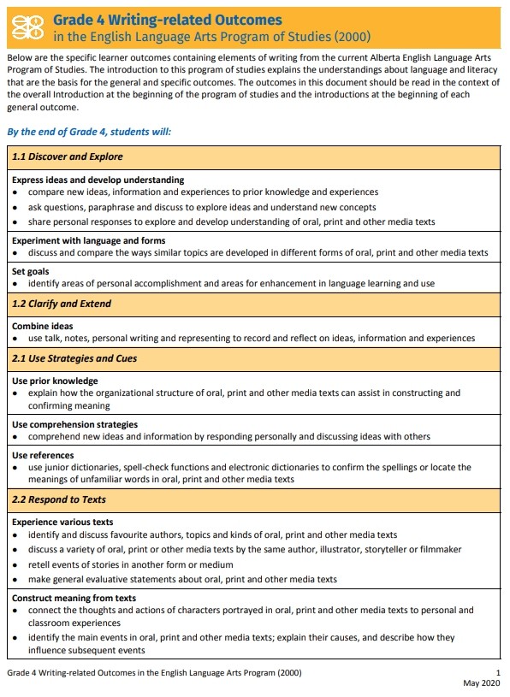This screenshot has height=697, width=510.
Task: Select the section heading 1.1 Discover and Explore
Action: [67, 157]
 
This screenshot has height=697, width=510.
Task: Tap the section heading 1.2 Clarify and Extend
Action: [62, 304]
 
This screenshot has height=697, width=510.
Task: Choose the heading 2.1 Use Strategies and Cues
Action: [74, 358]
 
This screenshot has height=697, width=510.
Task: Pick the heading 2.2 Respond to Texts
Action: [58, 499]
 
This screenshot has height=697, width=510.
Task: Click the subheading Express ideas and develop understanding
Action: [98, 180]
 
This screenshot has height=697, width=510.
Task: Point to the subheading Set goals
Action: [30, 272]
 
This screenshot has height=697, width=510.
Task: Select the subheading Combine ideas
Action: [42, 326]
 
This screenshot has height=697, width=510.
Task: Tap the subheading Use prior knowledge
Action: [55, 381]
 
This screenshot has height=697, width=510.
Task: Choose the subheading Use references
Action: [43, 455]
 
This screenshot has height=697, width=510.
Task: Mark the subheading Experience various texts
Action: [62, 522]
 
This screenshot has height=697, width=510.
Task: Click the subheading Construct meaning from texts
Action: [74, 598]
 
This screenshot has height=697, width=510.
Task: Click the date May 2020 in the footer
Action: [481, 682]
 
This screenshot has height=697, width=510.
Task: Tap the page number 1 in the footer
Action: [498, 673]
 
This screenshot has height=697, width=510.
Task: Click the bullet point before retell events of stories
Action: [15, 564]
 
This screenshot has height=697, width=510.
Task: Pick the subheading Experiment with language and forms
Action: [88, 240]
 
